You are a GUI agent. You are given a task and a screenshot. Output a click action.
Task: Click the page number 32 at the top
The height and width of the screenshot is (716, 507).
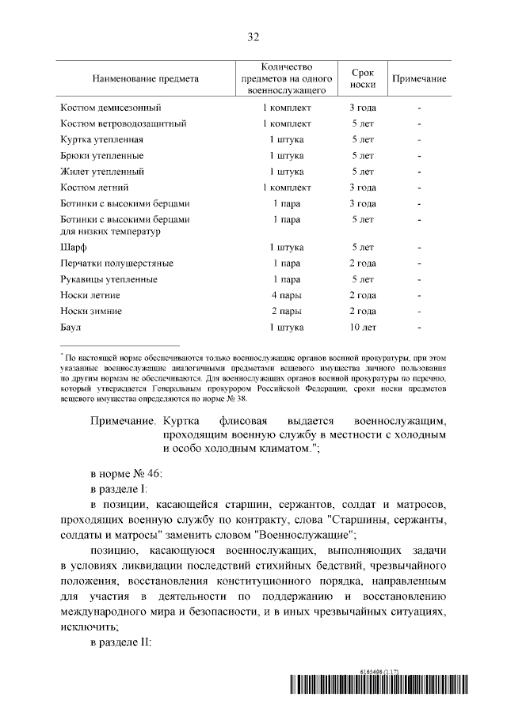pos(253,37)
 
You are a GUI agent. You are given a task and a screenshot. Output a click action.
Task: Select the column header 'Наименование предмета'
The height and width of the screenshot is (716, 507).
pos(146,79)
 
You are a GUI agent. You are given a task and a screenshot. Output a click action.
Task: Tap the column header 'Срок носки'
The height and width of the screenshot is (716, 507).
pos(363,79)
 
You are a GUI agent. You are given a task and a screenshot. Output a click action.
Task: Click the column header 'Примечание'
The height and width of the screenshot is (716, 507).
pos(419,79)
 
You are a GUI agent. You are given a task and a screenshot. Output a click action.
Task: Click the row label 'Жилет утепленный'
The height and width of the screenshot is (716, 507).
pos(102,171)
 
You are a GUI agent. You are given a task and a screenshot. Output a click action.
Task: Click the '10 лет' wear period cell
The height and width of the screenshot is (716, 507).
pos(363,327)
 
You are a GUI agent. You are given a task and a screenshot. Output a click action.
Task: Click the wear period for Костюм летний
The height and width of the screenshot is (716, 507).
pos(363,188)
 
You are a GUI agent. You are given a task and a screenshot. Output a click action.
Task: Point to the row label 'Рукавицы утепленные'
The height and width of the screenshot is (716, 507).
pos(109,279)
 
